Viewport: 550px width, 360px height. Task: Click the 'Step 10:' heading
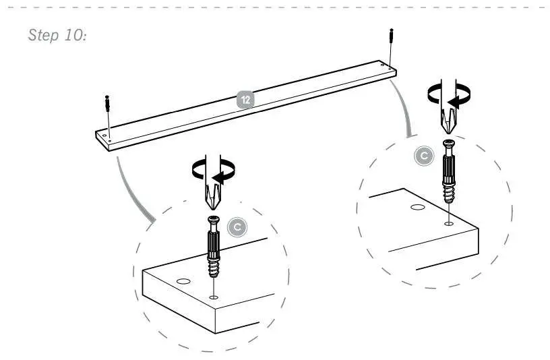click(x=56, y=35)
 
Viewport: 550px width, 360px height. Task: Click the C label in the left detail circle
click(x=235, y=229)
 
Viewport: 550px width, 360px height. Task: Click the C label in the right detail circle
click(x=423, y=156)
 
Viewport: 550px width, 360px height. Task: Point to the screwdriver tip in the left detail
click(x=212, y=199)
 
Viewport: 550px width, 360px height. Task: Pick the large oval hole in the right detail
click(x=417, y=208)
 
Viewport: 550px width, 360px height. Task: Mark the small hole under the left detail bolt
click(x=214, y=297)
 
